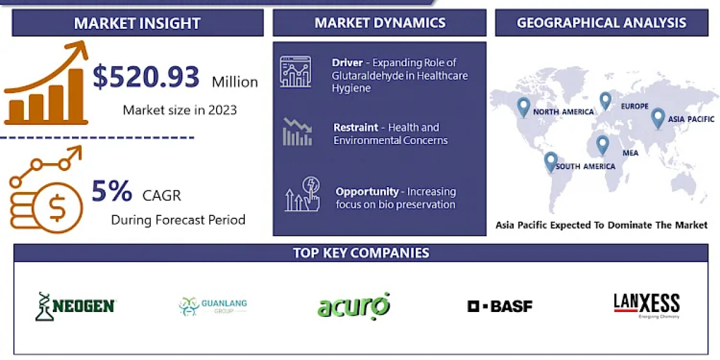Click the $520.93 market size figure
(146, 77)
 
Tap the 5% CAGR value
(112, 191)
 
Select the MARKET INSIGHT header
(137, 23)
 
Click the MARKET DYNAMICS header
(380, 23)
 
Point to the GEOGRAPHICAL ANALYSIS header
(601, 23)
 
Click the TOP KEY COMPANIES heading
(361, 253)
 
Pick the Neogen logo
(76, 307)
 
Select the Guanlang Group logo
(213, 307)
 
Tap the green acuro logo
(353, 306)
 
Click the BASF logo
(500, 307)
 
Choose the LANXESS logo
(647, 305)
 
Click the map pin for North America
(523, 107)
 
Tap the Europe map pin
(605, 101)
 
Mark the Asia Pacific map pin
(658, 118)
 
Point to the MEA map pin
(602, 145)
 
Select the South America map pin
(551, 161)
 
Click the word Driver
(347, 62)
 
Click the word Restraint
(355, 128)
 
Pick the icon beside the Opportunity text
(302, 194)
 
